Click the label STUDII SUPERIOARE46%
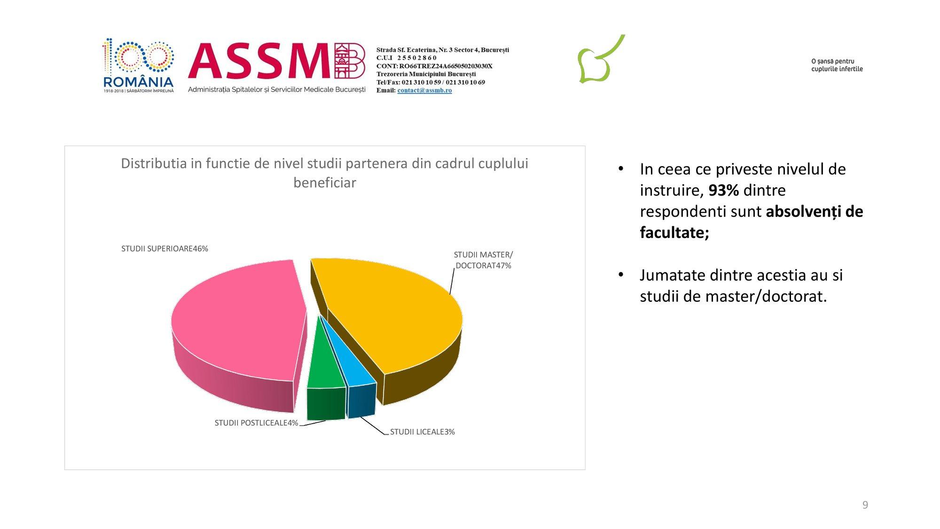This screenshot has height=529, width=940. pos(164,249)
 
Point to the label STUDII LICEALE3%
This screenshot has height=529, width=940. pos(423,432)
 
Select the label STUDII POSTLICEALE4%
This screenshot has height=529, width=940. pos(256,423)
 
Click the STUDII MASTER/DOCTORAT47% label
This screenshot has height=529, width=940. pos(483,260)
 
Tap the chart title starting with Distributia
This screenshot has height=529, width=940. pos(325,173)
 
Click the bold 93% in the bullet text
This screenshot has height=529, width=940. pos(723,190)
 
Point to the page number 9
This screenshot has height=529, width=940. pos(865,505)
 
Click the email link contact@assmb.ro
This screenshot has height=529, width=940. pos(424,90)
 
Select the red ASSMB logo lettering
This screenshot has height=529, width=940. pos(276,61)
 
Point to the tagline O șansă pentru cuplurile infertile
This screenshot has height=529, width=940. pos(837,65)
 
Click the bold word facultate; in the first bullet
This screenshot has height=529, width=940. pos(674,232)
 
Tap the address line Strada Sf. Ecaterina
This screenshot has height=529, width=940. pos(443,50)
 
